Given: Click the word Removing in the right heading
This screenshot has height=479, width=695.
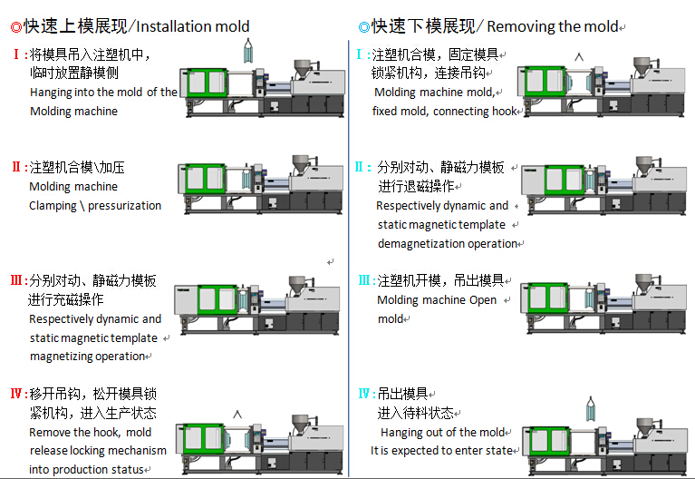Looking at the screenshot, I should click(x=519, y=26).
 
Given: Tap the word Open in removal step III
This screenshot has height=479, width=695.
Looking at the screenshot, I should click(x=482, y=300).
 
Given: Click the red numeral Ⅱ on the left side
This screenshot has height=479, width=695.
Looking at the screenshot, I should click(x=16, y=168).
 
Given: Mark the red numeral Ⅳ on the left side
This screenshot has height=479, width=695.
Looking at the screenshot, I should click(x=15, y=394).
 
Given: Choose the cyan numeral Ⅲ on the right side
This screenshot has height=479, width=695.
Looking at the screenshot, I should click(x=364, y=280).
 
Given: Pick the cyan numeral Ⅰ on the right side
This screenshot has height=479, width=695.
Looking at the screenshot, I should click(x=361, y=54).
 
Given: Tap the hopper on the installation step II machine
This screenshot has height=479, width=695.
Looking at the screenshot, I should click(x=300, y=165).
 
